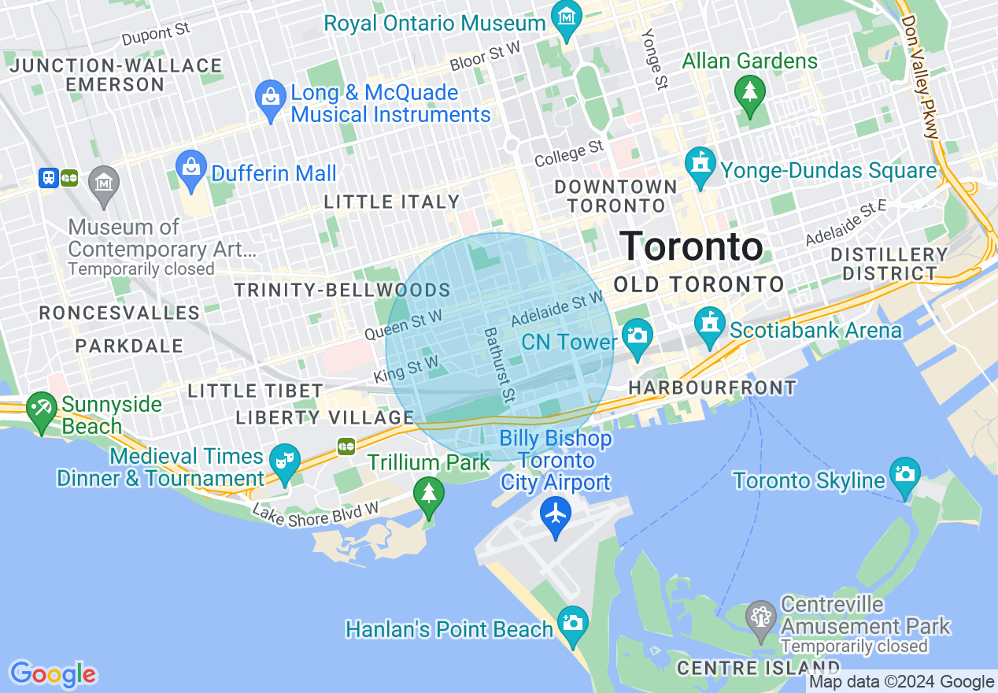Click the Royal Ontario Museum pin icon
pyautogui.click(x=566, y=17)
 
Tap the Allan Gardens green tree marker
pyautogui.click(x=749, y=91)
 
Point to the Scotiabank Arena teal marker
pyautogui.click(x=709, y=324)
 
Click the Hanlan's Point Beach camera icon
pyautogui.click(x=572, y=623)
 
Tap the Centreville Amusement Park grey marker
pyautogui.click(x=761, y=617)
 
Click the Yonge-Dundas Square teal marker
pyautogui.click(x=700, y=165)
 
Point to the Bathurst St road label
pyautogui.click(x=499, y=367)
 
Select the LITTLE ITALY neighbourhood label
pyautogui.click(x=392, y=202)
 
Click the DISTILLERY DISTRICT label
pyautogui.click(x=889, y=264)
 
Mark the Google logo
pyautogui.click(x=52, y=674)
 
